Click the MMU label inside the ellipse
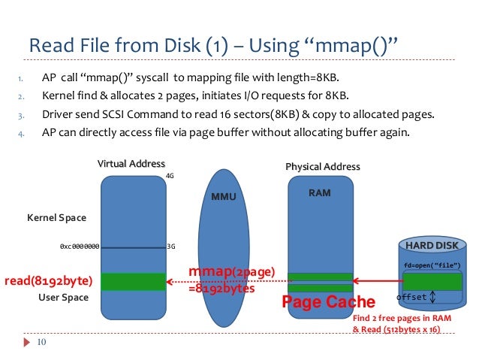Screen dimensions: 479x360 224,197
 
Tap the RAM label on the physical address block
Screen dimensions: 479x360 320,193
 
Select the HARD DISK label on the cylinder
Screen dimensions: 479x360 432,246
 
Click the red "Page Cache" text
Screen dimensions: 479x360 328,302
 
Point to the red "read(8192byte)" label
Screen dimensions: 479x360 48,282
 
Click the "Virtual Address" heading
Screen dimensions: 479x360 131,164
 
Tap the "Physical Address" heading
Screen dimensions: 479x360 323,167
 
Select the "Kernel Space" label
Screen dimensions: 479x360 56,218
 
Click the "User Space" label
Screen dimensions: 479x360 64,298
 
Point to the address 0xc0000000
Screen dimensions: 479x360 79,246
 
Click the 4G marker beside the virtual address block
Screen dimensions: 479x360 170,177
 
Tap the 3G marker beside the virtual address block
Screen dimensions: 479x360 171,246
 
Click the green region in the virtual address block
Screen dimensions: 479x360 132,281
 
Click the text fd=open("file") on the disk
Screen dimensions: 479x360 432,265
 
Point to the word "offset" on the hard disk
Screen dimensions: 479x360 411,297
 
